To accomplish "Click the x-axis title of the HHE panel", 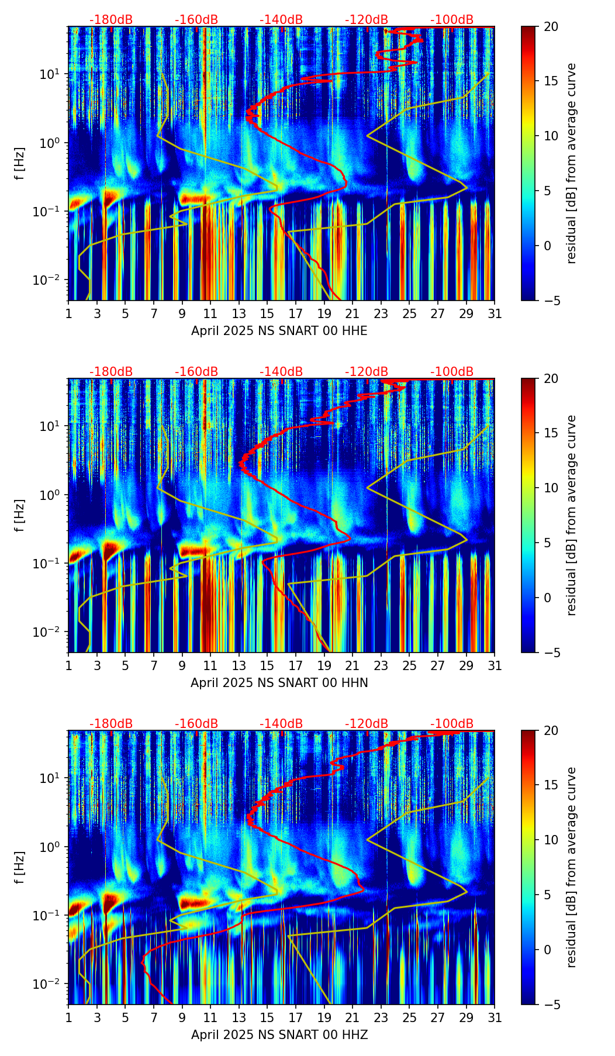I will [x=279, y=331].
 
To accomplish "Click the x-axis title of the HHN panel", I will [x=279, y=683].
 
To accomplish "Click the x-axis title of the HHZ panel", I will [x=279, y=1035].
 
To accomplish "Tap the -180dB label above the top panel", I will [x=111, y=20].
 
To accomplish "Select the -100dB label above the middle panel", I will [x=452, y=372].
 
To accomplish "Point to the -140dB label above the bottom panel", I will [x=281, y=724].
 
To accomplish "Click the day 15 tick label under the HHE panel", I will [x=267, y=313].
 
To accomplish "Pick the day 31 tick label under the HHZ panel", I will [x=494, y=1017].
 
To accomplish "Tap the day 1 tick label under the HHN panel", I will [x=69, y=665].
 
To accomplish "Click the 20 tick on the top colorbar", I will [x=551, y=27].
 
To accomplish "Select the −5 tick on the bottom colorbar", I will [x=551, y=1005].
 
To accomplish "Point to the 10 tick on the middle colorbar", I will [x=551, y=488].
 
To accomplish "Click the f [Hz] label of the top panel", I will [x=20, y=164].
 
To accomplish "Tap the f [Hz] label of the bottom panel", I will [x=20, y=868].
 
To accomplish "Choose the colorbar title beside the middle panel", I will [x=572, y=515].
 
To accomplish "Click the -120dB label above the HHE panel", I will [x=367, y=20].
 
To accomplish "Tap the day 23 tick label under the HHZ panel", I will [x=381, y=1017].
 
